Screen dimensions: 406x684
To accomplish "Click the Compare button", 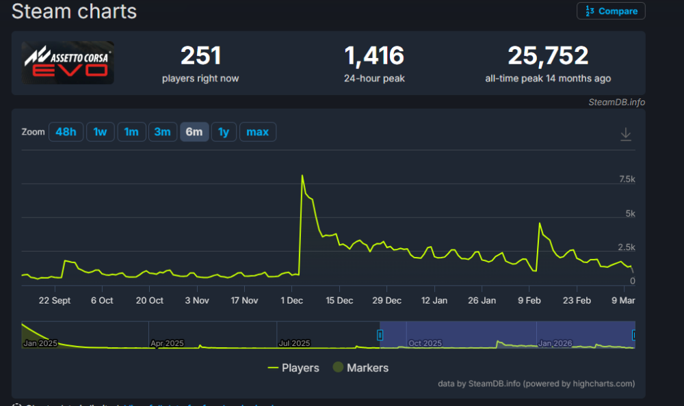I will point(611,11).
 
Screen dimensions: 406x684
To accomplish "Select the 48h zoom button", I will point(66,132).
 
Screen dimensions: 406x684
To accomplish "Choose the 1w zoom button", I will point(100,132).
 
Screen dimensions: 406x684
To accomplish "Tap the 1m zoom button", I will point(131,132).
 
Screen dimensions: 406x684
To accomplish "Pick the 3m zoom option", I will point(162,132).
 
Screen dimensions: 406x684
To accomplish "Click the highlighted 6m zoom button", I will point(194,132).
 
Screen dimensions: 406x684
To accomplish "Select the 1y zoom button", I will point(224,132).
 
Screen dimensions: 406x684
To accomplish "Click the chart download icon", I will point(625,135).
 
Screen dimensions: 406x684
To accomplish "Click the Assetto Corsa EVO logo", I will point(68,63).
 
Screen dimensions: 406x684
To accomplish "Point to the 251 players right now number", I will point(200,56).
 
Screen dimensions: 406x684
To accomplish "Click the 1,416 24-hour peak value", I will point(374,56).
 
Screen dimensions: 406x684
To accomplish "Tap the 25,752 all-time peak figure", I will point(548,56).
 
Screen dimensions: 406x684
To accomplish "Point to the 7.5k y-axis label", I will point(627,179).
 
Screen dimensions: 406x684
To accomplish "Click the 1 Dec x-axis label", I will point(292,301).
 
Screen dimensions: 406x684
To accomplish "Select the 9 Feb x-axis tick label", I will point(530,301).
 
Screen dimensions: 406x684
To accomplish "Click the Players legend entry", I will point(293,368).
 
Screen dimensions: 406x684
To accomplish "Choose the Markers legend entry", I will point(360,368).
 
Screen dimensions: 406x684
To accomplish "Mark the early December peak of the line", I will point(302,176).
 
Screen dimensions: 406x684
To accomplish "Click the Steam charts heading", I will point(75,12).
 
